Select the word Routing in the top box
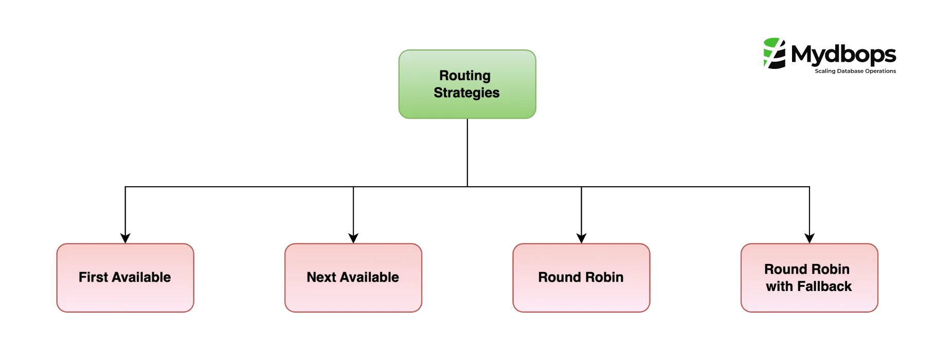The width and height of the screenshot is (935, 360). (x=465, y=76)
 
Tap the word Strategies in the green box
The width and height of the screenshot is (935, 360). (x=466, y=93)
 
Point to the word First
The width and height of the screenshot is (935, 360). (x=93, y=277)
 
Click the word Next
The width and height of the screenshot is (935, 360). (x=321, y=277)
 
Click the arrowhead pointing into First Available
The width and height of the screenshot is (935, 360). (x=125, y=238)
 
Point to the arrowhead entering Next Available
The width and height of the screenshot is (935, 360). (x=353, y=238)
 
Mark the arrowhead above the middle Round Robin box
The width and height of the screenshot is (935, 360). (x=581, y=238)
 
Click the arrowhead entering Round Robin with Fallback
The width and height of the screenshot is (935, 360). (x=810, y=238)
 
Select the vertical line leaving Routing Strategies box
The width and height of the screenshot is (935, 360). (x=467, y=152)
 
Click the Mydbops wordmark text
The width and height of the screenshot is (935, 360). (x=843, y=54)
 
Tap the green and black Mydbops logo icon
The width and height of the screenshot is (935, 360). (x=775, y=53)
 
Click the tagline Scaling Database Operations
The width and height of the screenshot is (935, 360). (x=855, y=71)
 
